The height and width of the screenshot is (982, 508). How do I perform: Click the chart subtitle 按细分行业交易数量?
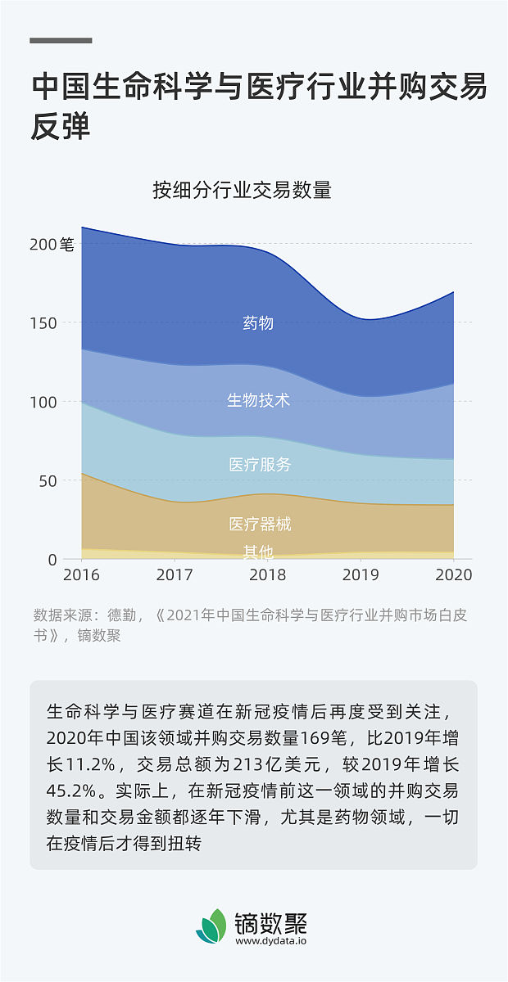(x=242, y=191)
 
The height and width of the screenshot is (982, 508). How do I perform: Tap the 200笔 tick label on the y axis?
(x=52, y=244)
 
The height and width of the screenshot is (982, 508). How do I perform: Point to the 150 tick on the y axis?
(x=43, y=323)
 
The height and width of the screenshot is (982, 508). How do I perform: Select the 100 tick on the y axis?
(x=43, y=402)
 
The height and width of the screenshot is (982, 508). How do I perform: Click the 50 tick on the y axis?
(x=48, y=481)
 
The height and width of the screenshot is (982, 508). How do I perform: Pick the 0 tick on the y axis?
(x=52, y=560)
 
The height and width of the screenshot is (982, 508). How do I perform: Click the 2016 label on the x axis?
(x=81, y=575)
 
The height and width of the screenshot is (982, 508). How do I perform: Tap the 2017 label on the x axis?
(x=175, y=575)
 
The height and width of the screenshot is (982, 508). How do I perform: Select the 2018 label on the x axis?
(x=267, y=575)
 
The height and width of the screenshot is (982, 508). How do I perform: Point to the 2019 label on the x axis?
(x=361, y=575)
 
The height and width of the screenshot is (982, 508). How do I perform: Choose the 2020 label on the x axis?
(x=453, y=575)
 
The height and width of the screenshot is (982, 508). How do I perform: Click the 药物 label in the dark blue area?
(x=258, y=323)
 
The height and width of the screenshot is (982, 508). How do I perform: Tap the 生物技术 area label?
(x=258, y=400)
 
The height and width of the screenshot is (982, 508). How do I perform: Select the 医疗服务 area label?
(x=260, y=465)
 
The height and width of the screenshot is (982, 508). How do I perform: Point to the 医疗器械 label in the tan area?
(x=260, y=525)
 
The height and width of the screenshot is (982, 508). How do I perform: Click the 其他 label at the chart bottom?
(x=258, y=552)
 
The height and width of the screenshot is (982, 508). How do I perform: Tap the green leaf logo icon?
(x=211, y=926)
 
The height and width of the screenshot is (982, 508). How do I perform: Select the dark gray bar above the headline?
(x=61, y=40)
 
